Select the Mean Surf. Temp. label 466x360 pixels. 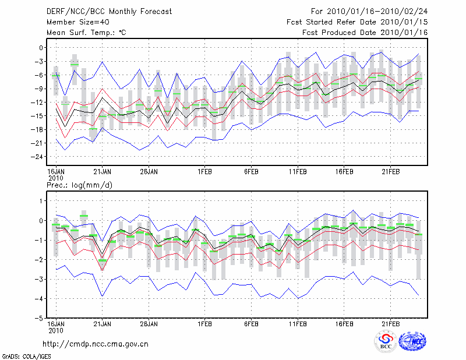click(86, 32)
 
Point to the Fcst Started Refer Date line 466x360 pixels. click(357, 22)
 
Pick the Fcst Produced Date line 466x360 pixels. click(365, 32)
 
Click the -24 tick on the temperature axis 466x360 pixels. click(37, 157)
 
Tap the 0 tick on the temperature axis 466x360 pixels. click(41, 48)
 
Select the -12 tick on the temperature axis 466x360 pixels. click(37, 102)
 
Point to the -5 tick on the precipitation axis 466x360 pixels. click(39, 319)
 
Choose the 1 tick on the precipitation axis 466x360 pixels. click(41, 201)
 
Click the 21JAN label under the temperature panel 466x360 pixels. click(103, 171)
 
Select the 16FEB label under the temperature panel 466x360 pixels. click(344, 171)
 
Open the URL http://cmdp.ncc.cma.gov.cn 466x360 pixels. click(96, 344)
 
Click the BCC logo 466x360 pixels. click(386, 341)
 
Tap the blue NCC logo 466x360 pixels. click(412, 341)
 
